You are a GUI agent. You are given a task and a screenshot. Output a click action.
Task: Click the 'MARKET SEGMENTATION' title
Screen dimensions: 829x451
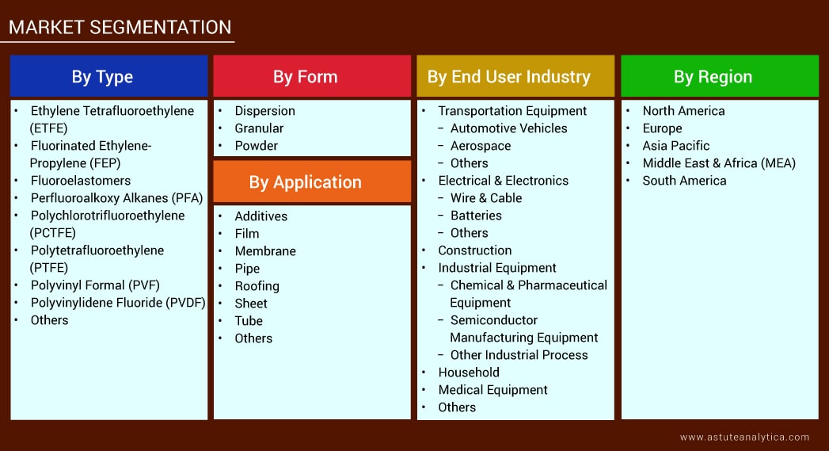120,27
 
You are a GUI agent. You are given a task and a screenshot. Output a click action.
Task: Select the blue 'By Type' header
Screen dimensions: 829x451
109,76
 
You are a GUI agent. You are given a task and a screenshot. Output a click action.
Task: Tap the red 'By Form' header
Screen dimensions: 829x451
312,76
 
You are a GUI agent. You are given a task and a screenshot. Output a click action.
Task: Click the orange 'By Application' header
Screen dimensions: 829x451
312,182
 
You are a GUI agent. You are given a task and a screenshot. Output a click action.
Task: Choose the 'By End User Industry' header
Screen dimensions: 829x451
515,76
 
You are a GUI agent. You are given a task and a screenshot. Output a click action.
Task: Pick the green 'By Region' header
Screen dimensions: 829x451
720,76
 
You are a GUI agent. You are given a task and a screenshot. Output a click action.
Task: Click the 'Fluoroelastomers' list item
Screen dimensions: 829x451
80,181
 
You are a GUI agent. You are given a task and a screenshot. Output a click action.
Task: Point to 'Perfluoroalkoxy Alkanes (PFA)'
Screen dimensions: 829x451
117,198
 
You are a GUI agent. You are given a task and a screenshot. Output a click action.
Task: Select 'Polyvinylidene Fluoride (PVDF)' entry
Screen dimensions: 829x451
118,303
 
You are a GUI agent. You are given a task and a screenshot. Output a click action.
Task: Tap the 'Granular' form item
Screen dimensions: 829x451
259,128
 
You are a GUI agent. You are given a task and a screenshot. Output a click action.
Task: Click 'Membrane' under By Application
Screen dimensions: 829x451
265,251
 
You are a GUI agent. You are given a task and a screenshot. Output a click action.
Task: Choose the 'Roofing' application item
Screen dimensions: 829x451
257,286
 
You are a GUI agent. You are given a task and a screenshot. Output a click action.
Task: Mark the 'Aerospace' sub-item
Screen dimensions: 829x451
481,146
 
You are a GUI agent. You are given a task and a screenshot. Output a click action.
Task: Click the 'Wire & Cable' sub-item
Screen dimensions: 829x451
486,198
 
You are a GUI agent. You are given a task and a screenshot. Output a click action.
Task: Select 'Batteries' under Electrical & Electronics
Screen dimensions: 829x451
477,216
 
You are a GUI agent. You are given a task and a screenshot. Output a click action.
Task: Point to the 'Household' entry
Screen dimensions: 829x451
469,372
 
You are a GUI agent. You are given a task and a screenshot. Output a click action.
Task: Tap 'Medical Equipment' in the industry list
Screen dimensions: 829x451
492,390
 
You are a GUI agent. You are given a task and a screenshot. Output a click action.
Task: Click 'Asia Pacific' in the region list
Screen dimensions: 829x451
676,146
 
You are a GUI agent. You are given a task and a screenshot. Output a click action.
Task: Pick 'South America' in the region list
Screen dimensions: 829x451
685,181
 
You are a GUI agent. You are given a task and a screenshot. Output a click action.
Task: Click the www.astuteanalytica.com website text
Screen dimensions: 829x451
744,438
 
